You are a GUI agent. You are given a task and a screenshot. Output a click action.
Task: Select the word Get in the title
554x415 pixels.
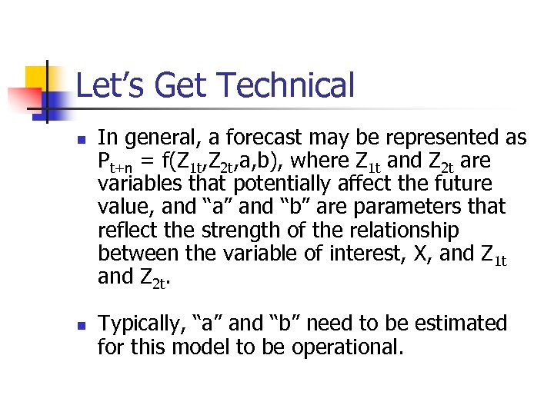pyautogui.click(x=174, y=85)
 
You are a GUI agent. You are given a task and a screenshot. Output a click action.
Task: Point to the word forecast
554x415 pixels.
pyautogui.click(x=262, y=138)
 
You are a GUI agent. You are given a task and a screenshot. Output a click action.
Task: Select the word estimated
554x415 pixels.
pyautogui.click(x=458, y=324)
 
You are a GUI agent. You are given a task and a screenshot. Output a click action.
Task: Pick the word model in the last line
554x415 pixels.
pyautogui.click(x=199, y=347)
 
